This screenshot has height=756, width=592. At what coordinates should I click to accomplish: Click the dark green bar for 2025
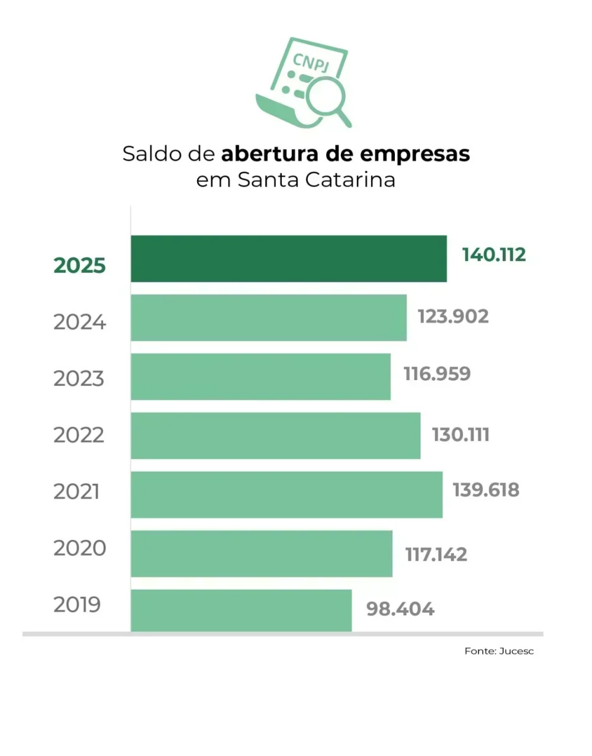[x=288, y=259]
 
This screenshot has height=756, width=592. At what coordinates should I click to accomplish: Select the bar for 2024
[x=268, y=317]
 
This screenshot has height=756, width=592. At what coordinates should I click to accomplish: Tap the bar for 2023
[x=260, y=377]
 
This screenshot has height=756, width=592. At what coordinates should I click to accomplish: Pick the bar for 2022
[x=275, y=436]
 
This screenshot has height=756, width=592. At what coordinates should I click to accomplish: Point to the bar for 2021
[x=287, y=494]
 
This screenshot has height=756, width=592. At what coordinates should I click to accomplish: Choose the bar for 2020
[x=261, y=554]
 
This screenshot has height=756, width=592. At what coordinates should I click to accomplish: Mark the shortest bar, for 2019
[x=241, y=610]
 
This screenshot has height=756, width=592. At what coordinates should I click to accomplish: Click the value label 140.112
[x=494, y=255]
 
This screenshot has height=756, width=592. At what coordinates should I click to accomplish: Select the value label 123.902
[x=453, y=316]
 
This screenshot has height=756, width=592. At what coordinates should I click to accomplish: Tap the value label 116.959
[x=437, y=374]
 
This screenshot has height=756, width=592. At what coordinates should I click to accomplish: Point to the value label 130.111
[x=461, y=435]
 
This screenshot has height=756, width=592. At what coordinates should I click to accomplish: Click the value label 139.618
[x=486, y=490]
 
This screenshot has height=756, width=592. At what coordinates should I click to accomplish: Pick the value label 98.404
[x=400, y=609]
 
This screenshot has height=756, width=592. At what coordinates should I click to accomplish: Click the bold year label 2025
[x=79, y=265]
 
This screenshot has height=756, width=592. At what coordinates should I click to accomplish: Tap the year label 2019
[x=78, y=604]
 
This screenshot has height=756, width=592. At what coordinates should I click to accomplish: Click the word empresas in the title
[x=415, y=153]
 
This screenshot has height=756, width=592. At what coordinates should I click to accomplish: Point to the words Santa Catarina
[x=316, y=179]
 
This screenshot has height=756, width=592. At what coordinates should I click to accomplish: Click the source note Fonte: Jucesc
[x=499, y=651]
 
